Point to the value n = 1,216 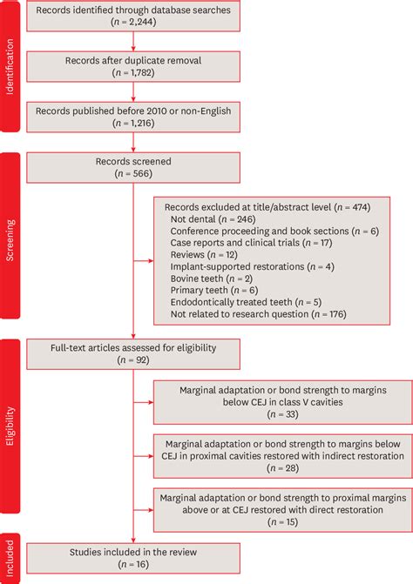[x=132, y=126]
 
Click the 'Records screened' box [x=132, y=167]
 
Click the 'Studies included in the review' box [x=132, y=557]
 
